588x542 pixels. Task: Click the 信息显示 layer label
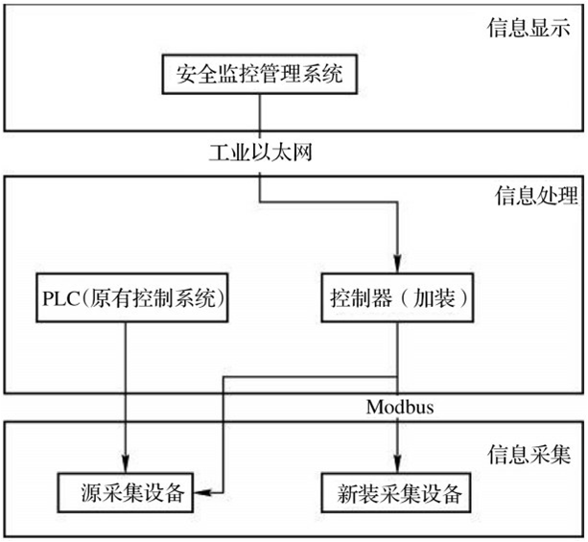point(529,28)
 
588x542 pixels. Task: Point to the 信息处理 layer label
point(536,196)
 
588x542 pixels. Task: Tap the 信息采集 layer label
point(529,455)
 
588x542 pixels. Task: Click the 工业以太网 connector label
point(260,153)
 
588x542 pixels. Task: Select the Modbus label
point(400,407)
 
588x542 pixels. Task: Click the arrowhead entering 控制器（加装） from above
point(397,264)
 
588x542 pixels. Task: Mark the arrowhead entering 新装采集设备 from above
point(397,463)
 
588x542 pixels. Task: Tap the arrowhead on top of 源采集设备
point(126,463)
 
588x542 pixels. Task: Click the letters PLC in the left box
point(60,298)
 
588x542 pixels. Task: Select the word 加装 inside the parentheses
point(434,298)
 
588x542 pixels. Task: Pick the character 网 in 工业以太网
point(302,153)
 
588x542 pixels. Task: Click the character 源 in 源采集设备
point(91,492)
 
